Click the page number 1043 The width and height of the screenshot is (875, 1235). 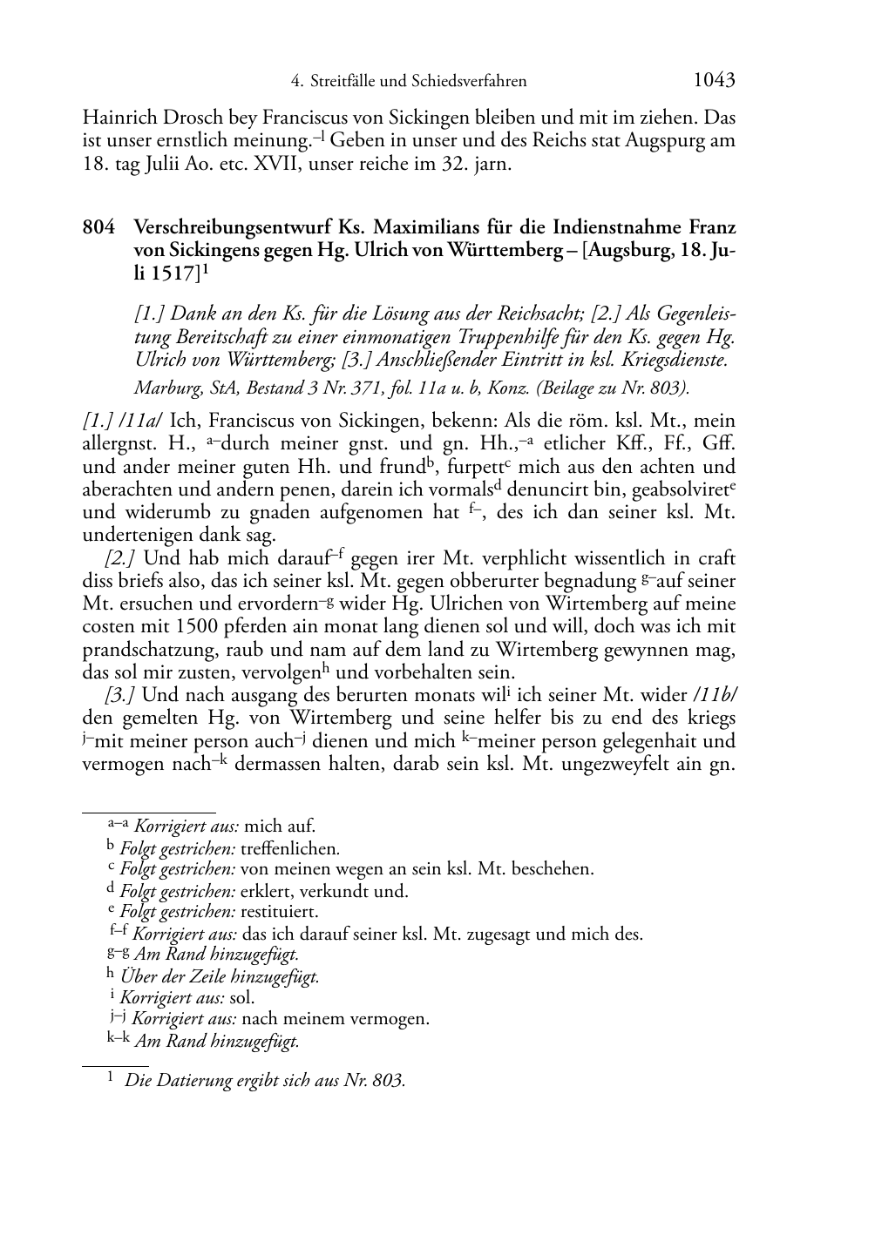(x=714, y=80)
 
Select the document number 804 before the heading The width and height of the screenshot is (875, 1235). (x=98, y=228)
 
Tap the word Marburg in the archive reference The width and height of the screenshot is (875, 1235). (x=166, y=388)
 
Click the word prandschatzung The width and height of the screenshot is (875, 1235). (x=144, y=650)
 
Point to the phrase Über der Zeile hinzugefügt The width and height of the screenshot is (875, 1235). (x=219, y=976)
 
